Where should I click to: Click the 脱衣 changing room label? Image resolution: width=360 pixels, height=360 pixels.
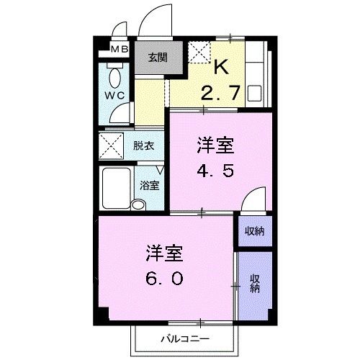point(144,145)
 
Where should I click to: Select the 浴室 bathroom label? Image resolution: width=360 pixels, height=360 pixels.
point(150,184)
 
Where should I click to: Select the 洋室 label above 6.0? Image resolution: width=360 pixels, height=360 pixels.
point(163,253)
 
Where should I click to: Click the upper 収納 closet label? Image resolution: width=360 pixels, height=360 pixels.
point(254,230)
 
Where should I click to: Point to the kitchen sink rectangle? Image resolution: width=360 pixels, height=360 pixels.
point(253,94)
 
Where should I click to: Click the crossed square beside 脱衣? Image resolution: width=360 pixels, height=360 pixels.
point(112,145)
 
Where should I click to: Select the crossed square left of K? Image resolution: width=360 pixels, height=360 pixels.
point(199,53)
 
